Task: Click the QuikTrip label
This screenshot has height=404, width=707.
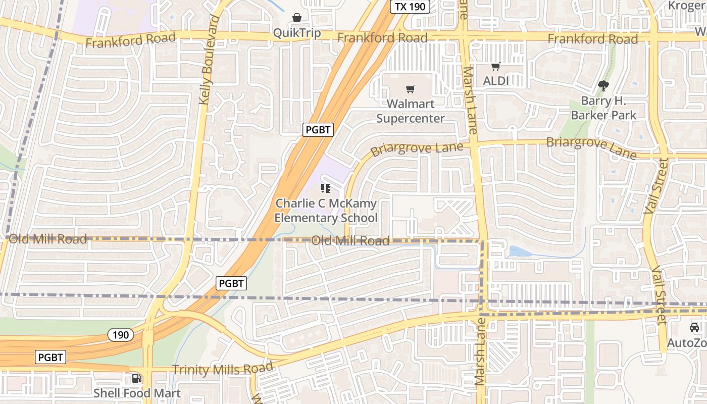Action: coord(296,33)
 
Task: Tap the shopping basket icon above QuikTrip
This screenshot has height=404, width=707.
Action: coord(297,18)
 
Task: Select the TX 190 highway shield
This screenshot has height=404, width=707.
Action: coord(410,7)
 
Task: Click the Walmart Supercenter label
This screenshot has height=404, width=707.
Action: coord(411,111)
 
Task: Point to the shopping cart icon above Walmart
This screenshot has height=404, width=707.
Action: coord(411,89)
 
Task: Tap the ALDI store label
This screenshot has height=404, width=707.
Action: coord(496,81)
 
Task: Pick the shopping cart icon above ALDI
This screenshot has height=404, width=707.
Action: coord(496,66)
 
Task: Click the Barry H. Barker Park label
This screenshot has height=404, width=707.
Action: coord(603,108)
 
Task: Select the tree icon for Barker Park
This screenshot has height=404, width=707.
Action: coord(603,86)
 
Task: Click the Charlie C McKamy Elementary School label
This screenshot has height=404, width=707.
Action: coord(326,211)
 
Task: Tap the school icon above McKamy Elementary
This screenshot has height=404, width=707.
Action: coord(326,189)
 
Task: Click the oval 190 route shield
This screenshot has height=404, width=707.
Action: coord(120,334)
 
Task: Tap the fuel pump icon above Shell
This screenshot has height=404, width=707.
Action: coord(136,378)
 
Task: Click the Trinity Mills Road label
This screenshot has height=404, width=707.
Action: coord(222,368)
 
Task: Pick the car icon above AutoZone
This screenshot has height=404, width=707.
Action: coord(694,328)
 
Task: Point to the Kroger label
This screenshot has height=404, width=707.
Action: coord(687,6)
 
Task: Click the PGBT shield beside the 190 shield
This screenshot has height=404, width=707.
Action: coord(51,358)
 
